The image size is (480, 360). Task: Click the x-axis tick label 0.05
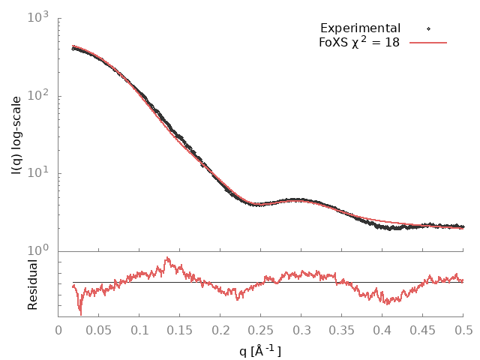point(99,329)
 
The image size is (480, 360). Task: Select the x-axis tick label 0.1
point(139,329)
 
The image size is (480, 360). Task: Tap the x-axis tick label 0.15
point(180,329)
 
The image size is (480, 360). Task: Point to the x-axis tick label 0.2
point(220,329)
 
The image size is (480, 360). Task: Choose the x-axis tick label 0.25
point(261,329)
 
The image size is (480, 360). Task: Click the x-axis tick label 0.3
point(301,329)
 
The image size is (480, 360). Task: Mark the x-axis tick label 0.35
point(342,329)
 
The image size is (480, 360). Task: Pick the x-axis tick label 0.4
point(382,329)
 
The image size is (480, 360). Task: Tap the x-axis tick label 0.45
point(423,329)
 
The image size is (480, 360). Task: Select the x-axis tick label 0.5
point(463,329)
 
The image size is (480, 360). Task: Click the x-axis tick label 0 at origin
point(58,329)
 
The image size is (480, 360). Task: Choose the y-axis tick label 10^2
point(40,95)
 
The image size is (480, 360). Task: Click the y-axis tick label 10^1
point(40,173)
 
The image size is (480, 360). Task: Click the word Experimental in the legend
point(360,28)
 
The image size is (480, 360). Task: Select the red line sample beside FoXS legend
point(428,43)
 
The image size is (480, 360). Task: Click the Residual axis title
point(32,284)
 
